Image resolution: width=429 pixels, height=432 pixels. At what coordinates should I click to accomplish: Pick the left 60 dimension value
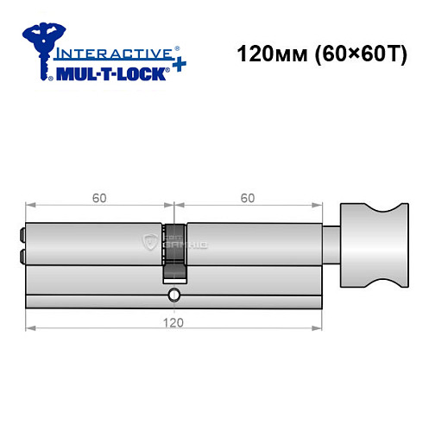99,198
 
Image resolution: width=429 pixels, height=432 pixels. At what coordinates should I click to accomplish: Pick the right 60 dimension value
248,198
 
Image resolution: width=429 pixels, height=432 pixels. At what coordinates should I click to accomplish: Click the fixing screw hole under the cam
174,295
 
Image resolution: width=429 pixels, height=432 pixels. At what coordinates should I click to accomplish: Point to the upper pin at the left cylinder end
22,232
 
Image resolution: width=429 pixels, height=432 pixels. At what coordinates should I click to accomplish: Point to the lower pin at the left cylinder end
22,255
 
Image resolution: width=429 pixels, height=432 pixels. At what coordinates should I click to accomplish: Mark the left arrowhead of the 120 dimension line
30,328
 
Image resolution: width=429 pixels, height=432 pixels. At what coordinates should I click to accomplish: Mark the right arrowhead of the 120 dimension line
319,328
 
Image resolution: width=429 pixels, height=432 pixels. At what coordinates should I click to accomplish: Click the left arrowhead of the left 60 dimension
30,206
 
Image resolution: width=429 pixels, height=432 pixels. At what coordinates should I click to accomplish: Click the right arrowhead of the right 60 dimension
319,206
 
